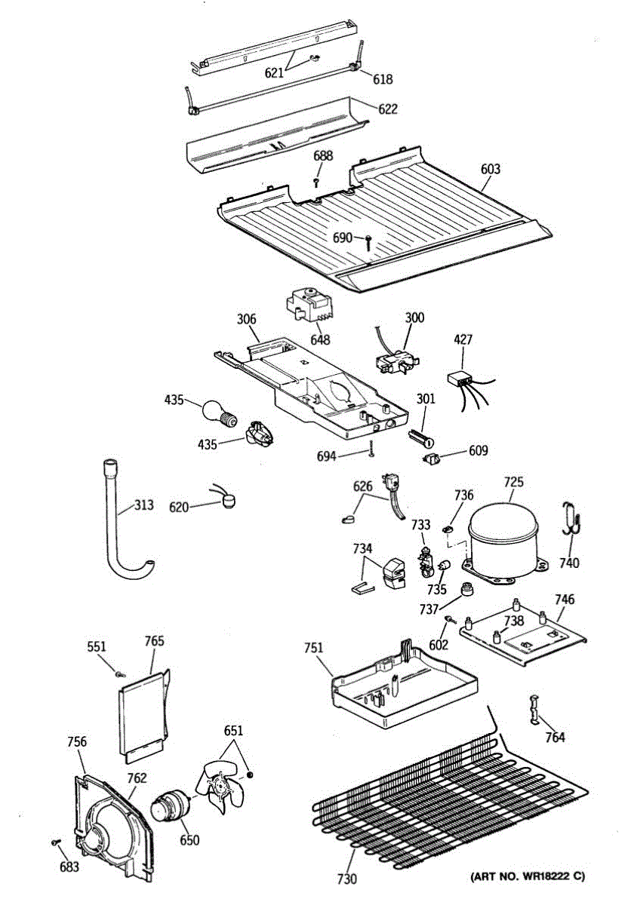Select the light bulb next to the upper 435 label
[x=219, y=413]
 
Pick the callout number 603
[x=490, y=169]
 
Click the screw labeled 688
[x=317, y=181]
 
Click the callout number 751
[x=313, y=647]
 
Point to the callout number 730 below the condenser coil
[x=346, y=879]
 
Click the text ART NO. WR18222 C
[x=528, y=876]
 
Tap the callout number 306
[x=247, y=321]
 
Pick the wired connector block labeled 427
[x=460, y=378]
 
